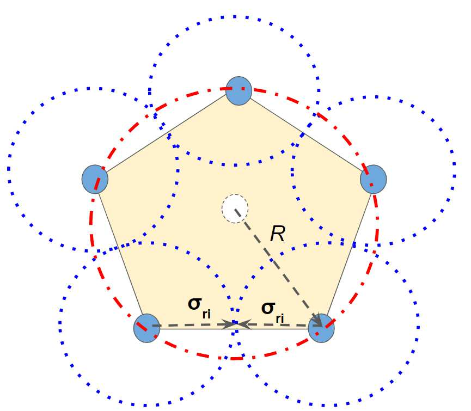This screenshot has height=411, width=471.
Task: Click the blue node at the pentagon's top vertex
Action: pos(238,90)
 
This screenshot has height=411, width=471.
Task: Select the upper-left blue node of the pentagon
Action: pos(95,179)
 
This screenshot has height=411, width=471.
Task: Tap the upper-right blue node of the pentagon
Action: pos(374,179)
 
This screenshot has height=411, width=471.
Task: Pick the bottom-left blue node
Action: pos(146,328)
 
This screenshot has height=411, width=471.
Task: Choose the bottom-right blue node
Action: pos(321,328)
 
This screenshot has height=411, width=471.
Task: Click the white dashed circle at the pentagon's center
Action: pos(235,208)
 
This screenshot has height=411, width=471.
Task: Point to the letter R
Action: pos(278,234)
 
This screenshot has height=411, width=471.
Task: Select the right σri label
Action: pos(273,310)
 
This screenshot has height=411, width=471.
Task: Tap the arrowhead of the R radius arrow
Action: pos(319,323)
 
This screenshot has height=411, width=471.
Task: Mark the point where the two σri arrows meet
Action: pos(236,324)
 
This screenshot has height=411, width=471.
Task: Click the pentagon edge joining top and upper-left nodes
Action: pos(166,135)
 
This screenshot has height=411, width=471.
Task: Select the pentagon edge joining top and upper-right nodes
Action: pos(307,134)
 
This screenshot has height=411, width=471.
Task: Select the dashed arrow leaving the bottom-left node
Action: pos(191,326)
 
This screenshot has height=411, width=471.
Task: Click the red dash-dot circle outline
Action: pos(91,229)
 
